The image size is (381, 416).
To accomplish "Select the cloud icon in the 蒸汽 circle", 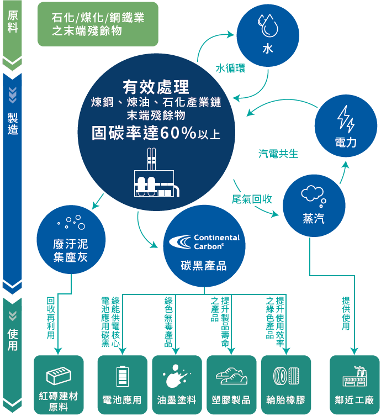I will point(313,193).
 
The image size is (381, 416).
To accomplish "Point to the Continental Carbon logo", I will point(204,242).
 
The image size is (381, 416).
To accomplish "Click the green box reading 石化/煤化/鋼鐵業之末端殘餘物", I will point(98,24).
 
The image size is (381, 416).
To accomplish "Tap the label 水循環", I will point(231,69).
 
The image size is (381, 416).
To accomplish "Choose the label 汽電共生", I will point(278,154).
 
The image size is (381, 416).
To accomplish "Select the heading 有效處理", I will point(156,87).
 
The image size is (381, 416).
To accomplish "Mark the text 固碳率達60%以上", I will point(156,133).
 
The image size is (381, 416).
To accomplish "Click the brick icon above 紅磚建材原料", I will point(58,377).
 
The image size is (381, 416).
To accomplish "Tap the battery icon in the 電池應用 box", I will point(122,376).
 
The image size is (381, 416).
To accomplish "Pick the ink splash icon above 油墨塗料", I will point(176,376).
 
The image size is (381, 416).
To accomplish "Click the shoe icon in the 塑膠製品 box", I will point(231,376).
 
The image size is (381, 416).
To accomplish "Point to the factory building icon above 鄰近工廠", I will point(354,376).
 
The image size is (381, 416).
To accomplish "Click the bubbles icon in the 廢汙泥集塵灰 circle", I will point(71,223).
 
